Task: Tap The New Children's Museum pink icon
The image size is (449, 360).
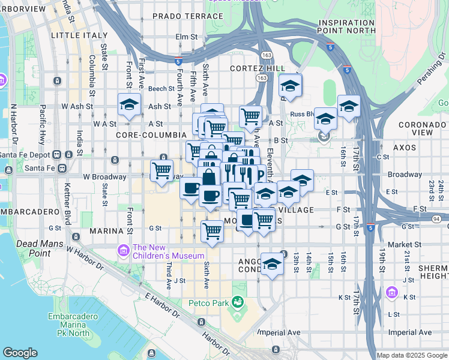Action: pos(124,250)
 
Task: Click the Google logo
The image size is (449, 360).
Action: pos(20,353)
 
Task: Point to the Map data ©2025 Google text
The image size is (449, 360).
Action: pos(412,355)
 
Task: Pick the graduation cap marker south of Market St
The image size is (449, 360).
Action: pos(272,265)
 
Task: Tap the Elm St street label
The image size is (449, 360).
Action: pos(186,37)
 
